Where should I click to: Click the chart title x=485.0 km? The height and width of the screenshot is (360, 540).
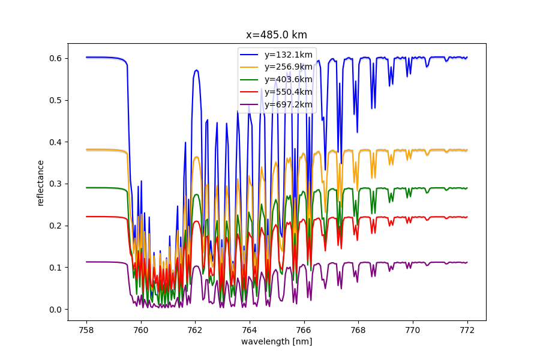277,35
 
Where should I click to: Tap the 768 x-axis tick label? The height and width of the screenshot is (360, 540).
358,329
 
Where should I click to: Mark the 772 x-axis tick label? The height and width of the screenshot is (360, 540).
467,329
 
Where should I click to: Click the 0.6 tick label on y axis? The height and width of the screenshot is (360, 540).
56,58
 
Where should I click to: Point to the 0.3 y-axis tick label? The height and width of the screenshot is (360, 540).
56,184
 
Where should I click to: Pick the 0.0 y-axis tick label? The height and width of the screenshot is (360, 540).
56,310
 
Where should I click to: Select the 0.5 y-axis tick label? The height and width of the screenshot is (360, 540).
56,100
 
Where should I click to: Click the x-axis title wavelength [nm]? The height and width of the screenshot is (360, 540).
277,341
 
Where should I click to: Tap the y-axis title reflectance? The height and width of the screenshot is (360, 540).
41,182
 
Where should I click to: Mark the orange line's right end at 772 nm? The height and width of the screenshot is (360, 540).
467,150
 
